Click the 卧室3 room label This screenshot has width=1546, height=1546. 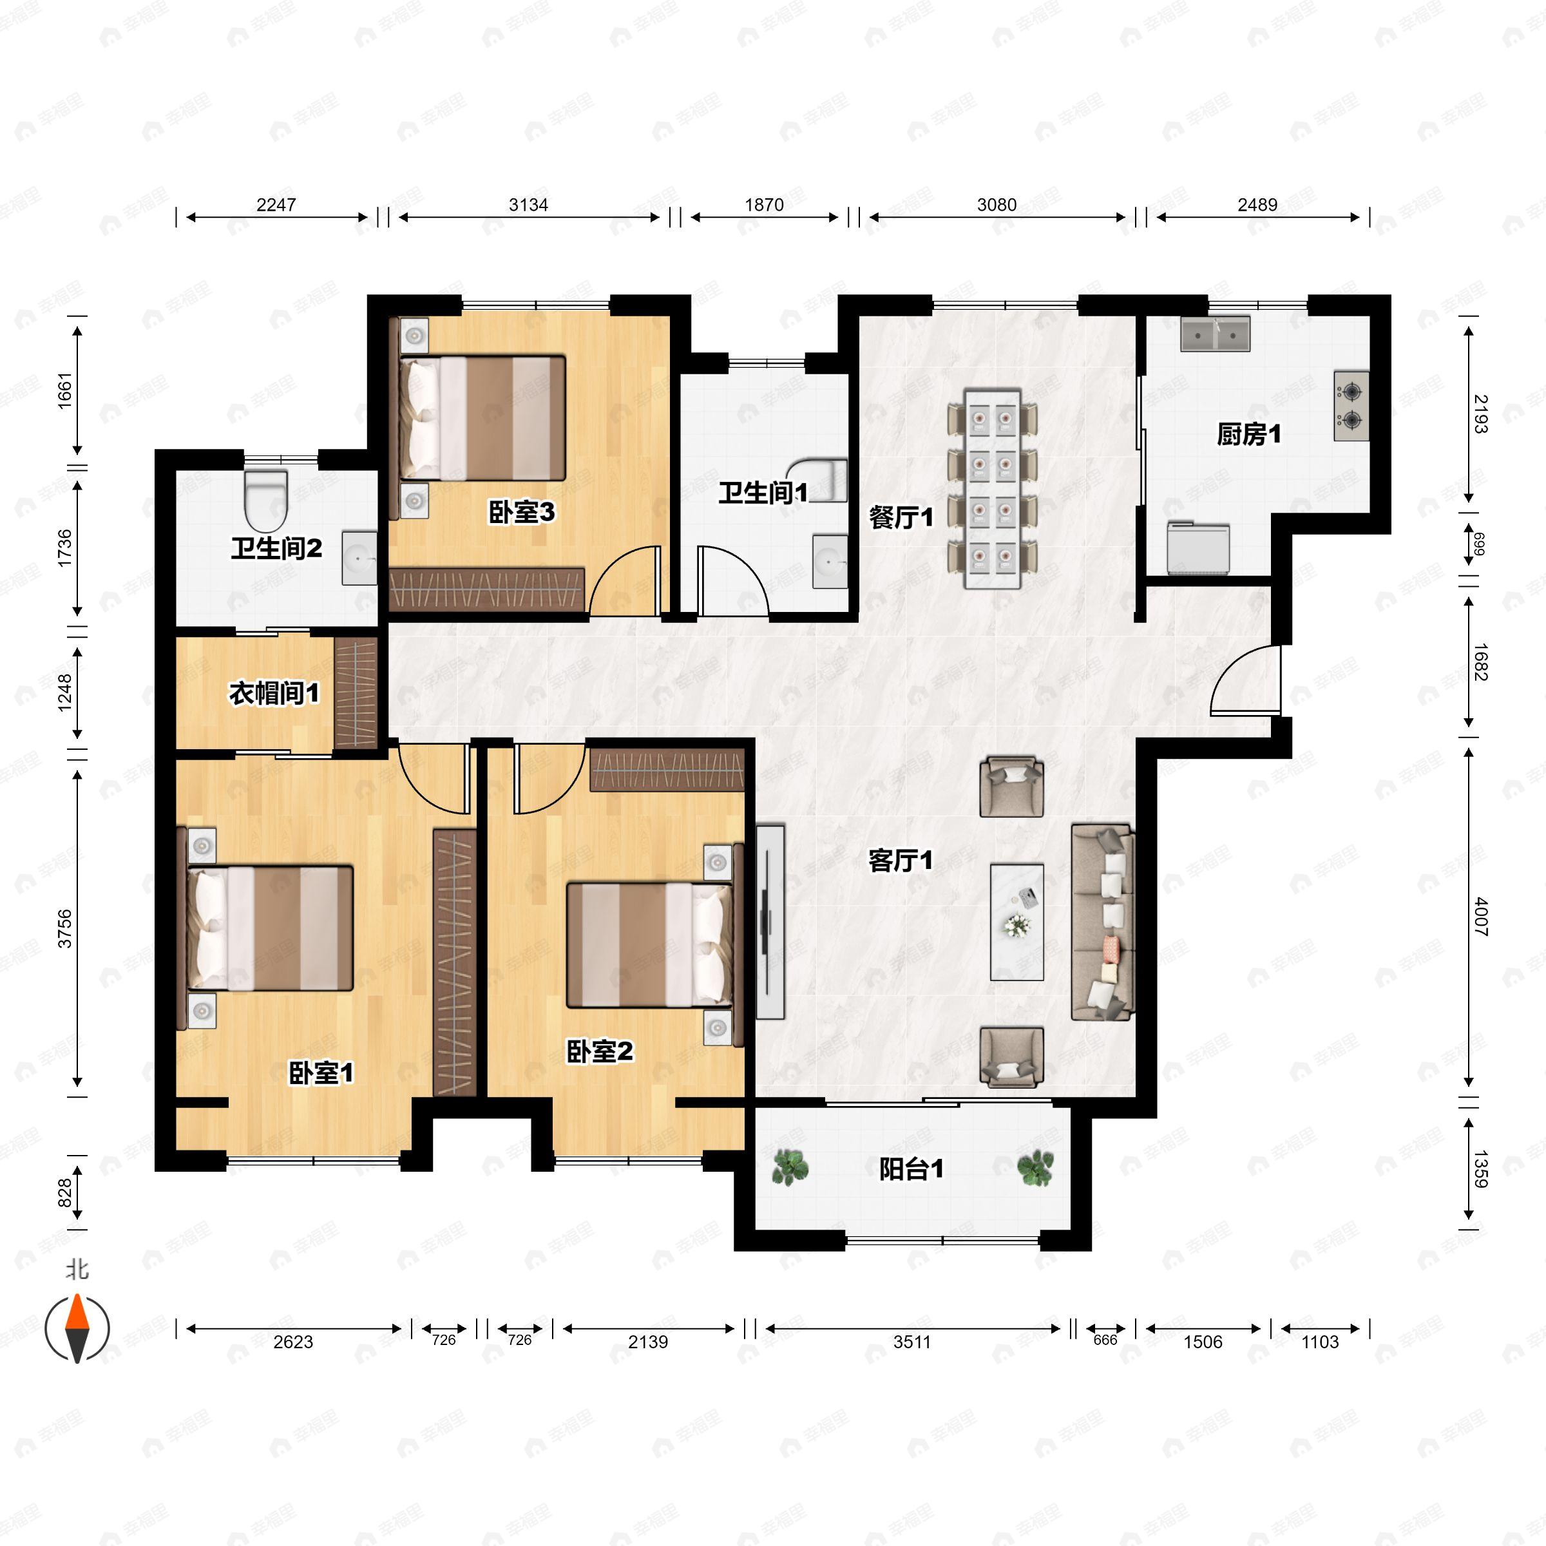(x=522, y=512)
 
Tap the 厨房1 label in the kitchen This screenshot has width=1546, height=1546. (x=1248, y=435)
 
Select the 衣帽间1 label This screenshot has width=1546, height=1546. (x=274, y=693)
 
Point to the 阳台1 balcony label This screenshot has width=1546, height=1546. (x=911, y=1169)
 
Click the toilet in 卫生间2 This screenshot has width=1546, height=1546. (x=265, y=501)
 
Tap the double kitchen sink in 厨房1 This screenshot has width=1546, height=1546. (x=1216, y=334)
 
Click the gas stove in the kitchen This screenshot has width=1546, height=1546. (x=1351, y=406)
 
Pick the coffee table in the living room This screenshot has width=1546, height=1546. (x=1016, y=921)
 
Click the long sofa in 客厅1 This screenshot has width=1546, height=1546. (x=1103, y=922)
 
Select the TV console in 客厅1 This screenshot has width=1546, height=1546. (x=770, y=922)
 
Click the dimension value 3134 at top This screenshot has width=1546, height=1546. (x=528, y=205)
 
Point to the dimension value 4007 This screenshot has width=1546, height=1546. (x=1480, y=917)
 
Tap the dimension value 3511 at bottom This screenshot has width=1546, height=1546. (x=911, y=1342)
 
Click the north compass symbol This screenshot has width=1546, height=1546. (x=77, y=1328)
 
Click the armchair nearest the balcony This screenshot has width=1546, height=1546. (x=1011, y=1058)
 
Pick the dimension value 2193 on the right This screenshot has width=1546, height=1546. (x=1480, y=414)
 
